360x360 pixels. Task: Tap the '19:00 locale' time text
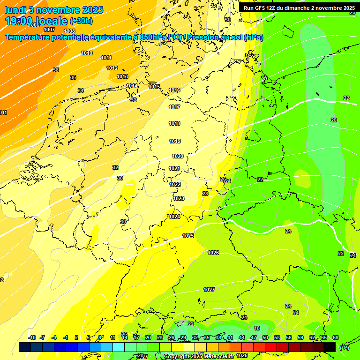click(x=36, y=21)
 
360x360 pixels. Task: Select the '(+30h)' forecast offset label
click(x=81, y=21)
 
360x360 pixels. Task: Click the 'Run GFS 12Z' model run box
click(x=299, y=8)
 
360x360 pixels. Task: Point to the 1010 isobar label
click(x=87, y=53)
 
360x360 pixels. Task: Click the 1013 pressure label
click(x=122, y=76)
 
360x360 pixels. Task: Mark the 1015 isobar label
click(x=154, y=87)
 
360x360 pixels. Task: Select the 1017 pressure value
click(x=174, y=107)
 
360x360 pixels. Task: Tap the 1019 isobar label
click(x=175, y=141)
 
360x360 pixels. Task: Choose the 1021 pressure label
click(x=174, y=168)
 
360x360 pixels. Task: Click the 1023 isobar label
click(x=179, y=198)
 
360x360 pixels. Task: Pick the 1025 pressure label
click(x=188, y=236)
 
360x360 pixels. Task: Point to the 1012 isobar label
click(x=112, y=68)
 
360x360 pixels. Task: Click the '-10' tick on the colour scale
click(x=32, y=337)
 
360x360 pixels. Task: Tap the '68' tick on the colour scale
click(x=336, y=337)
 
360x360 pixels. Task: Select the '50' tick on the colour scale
click(x=265, y=337)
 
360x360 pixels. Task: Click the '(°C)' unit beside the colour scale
click(x=344, y=347)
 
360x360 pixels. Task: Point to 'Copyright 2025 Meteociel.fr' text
click(x=198, y=356)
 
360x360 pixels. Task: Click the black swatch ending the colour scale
click(x=330, y=347)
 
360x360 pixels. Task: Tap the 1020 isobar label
click(x=178, y=157)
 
